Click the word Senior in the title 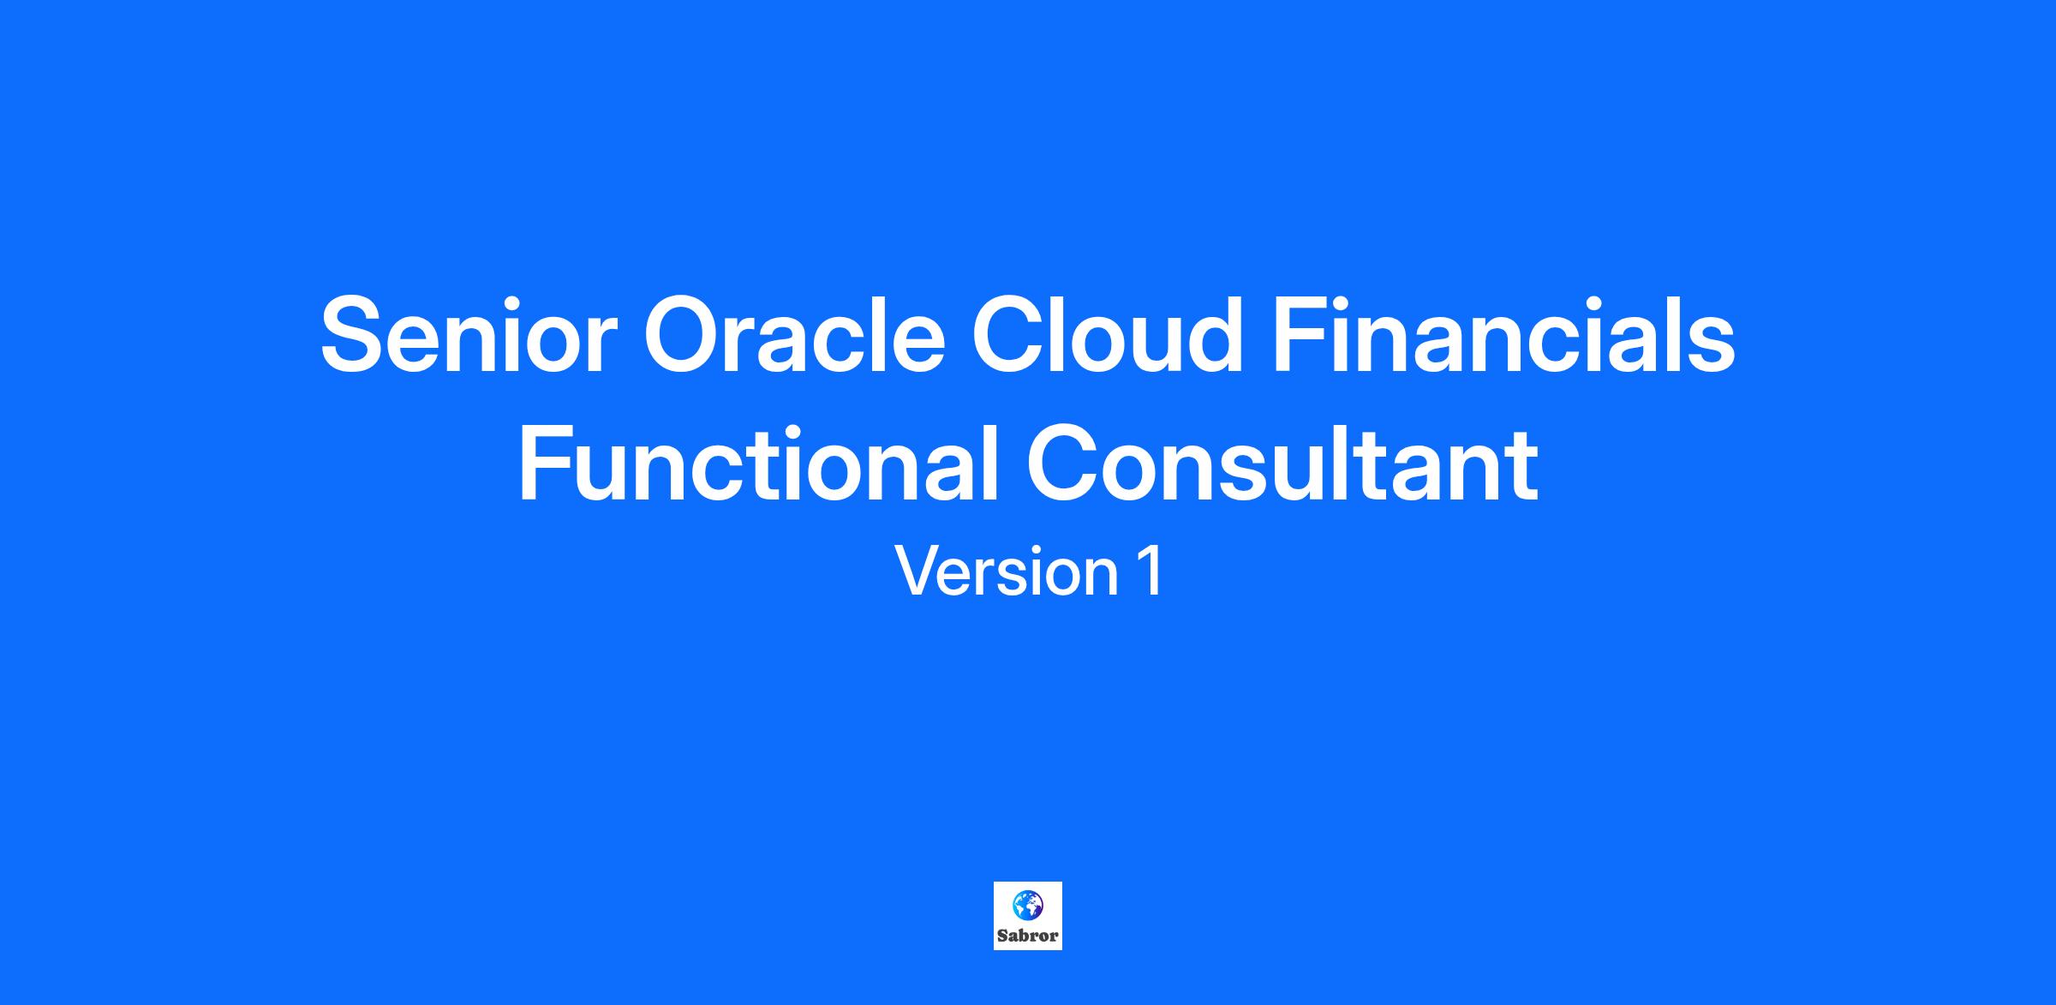pos(469,335)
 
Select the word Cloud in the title pos(1107,333)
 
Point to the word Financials pos(1504,333)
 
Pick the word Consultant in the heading pos(1282,465)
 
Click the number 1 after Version pos(1151,571)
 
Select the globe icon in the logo pos(1027,904)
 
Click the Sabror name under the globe pos(1027,935)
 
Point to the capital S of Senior pos(354,335)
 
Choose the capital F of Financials pos(1300,335)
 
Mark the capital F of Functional pos(546,464)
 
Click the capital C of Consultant pos(1064,465)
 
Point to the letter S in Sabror pos(1002,935)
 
